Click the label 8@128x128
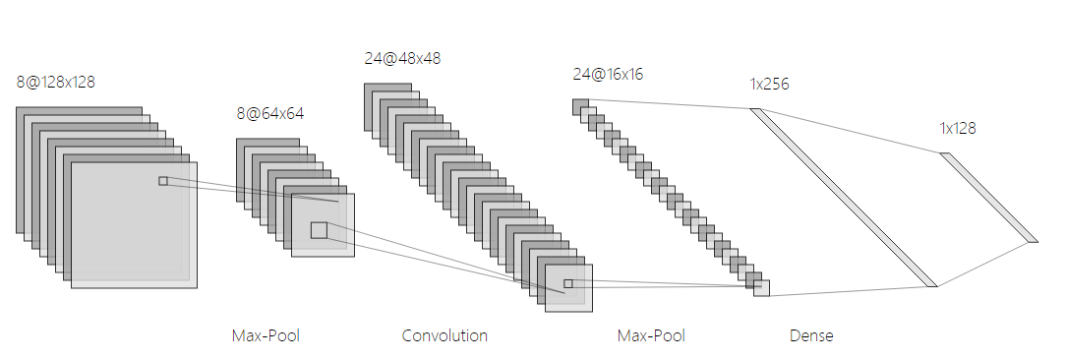tap(55, 82)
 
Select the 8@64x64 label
tap(269, 113)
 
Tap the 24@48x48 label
tap(402, 58)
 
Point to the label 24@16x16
tap(608, 74)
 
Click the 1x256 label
tap(769, 85)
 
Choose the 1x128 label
tap(958, 128)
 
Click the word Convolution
tap(444, 336)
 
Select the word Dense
tap(811, 336)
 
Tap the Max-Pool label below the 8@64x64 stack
tap(266, 336)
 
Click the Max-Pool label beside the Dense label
tap(651, 336)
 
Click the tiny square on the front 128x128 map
tap(163, 181)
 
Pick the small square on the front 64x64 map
tap(319, 230)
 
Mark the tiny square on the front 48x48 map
tap(567, 284)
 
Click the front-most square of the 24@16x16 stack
tap(762, 288)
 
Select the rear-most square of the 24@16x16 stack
tap(580, 106)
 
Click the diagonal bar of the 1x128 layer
tap(988, 197)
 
